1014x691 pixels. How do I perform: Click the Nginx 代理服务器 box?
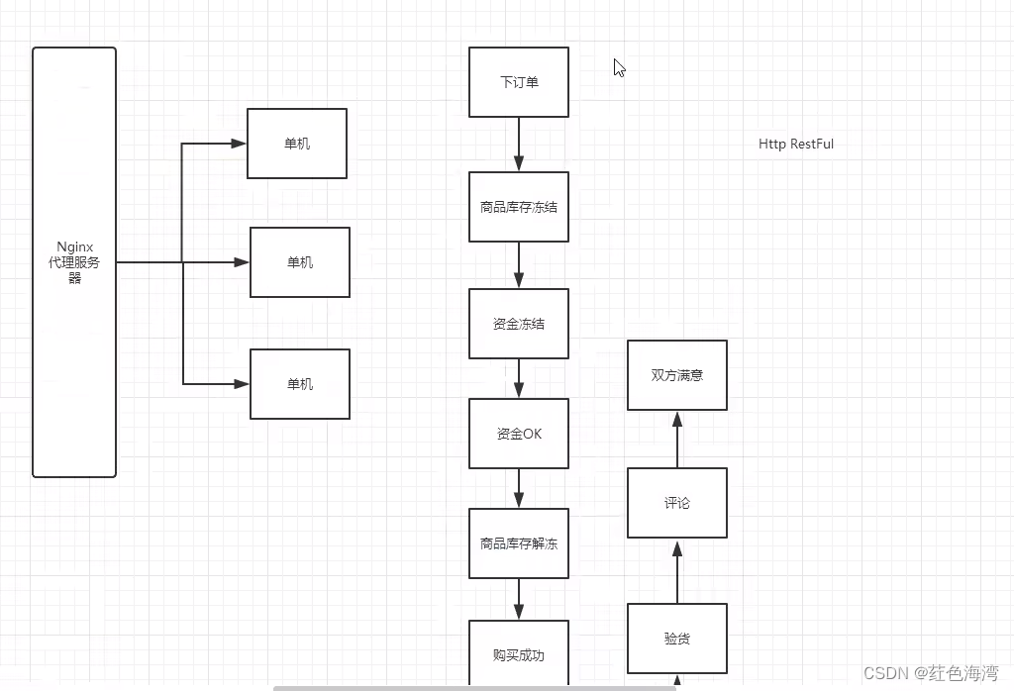click(x=74, y=262)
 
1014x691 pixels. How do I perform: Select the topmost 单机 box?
click(x=297, y=144)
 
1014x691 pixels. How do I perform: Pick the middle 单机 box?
click(x=300, y=262)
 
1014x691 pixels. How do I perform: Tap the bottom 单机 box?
click(x=300, y=384)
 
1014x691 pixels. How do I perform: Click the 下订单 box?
click(x=519, y=82)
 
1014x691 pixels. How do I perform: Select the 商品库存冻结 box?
click(x=519, y=207)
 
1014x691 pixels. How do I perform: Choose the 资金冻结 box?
click(x=519, y=324)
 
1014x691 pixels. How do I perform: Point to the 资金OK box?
click(x=519, y=434)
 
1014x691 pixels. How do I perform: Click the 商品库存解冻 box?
click(x=519, y=543)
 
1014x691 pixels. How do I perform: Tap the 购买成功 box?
click(x=519, y=653)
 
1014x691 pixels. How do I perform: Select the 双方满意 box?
click(x=677, y=375)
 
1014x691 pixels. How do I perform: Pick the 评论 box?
click(x=677, y=503)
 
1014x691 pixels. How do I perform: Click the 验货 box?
click(x=677, y=639)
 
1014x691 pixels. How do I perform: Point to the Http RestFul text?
click(x=796, y=145)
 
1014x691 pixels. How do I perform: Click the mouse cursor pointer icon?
click(x=619, y=67)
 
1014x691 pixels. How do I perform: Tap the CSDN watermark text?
click(x=931, y=673)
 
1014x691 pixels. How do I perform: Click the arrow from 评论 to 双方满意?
click(x=677, y=439)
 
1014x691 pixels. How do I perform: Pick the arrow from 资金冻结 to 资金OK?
click(x=519, y=378)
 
